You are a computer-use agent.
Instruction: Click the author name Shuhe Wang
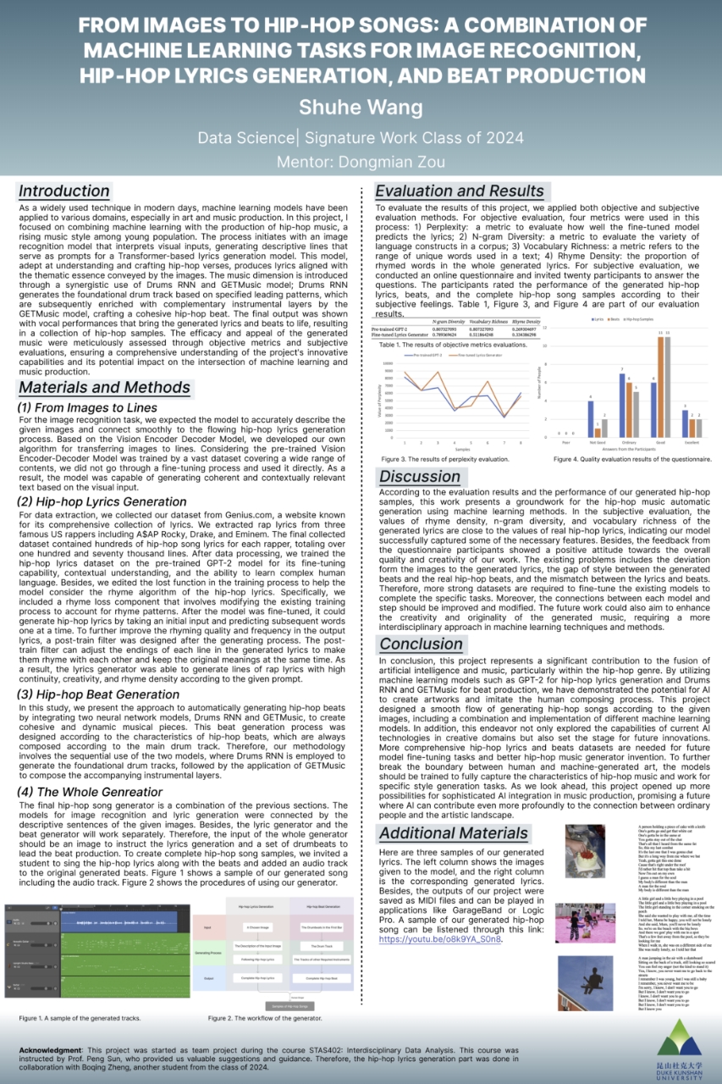[x=361, y=108]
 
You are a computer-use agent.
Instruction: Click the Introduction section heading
[x=64, y=191]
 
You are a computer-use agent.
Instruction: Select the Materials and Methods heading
[x=104, y=388]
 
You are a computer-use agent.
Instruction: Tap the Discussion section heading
[x=420, y=477]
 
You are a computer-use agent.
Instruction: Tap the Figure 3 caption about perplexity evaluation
[x=440, y=459]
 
